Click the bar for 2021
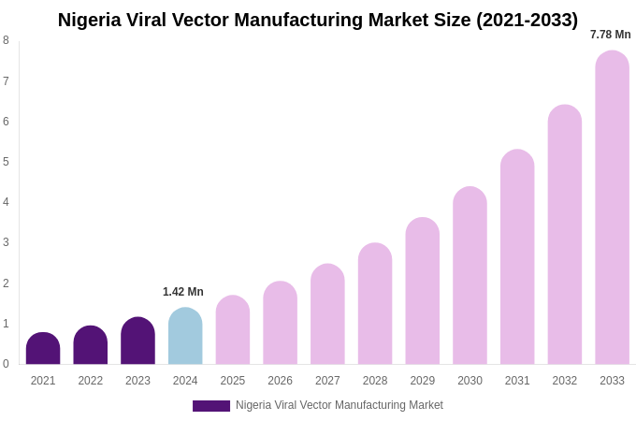pos(43,349)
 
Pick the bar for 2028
pos(375,304)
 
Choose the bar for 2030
pos(470,276)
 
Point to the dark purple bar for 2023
pos(137,341)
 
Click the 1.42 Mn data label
pos(183,292)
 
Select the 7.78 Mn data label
pos(610,35)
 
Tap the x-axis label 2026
pos(280,381)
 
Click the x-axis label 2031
pos(517,381)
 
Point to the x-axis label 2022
pos(91,381)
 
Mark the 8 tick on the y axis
pos(6,40)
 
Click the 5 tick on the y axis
pos(6,162)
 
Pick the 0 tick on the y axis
pos(6,364)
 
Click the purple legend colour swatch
pos(211,406)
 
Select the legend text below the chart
pos(340,405)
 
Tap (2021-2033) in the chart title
pos(527,20)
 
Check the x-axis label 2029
pos(422,381)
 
